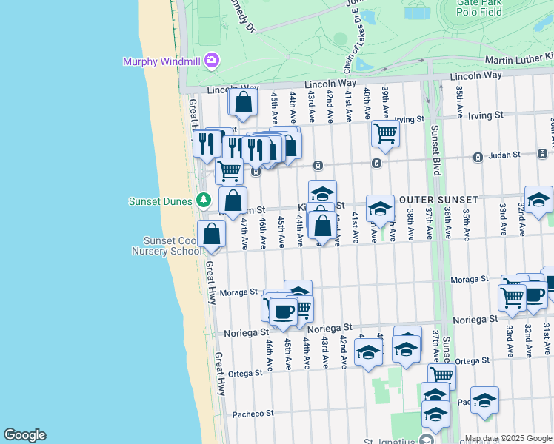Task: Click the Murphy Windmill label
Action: [x=161, y=61]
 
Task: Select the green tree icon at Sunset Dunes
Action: [x=204, y=201]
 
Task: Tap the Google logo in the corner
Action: [x=24, y=435]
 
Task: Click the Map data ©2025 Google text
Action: [x=508, y=438]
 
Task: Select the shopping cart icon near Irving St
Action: [x=385, y=134]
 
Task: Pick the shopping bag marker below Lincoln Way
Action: [x=243, y=103]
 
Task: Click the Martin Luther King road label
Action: [x=518, y=58]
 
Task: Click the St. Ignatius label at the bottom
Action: [x=390, y=440]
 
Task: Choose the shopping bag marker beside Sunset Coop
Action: [x=212, y=234]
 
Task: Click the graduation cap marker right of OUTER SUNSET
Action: [x=539, y=200]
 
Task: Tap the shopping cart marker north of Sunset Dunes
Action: [x=230, y=171]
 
